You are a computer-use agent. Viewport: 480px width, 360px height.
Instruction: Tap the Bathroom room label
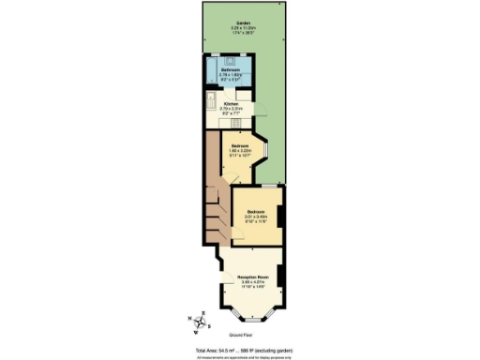(x=230, y=69)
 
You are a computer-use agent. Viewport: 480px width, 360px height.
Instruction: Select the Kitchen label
(x=230, y=104)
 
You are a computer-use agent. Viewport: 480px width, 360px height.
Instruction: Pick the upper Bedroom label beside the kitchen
(x=240, y=146)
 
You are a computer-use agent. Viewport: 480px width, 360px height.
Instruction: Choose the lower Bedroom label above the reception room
(x=256, y=213)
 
